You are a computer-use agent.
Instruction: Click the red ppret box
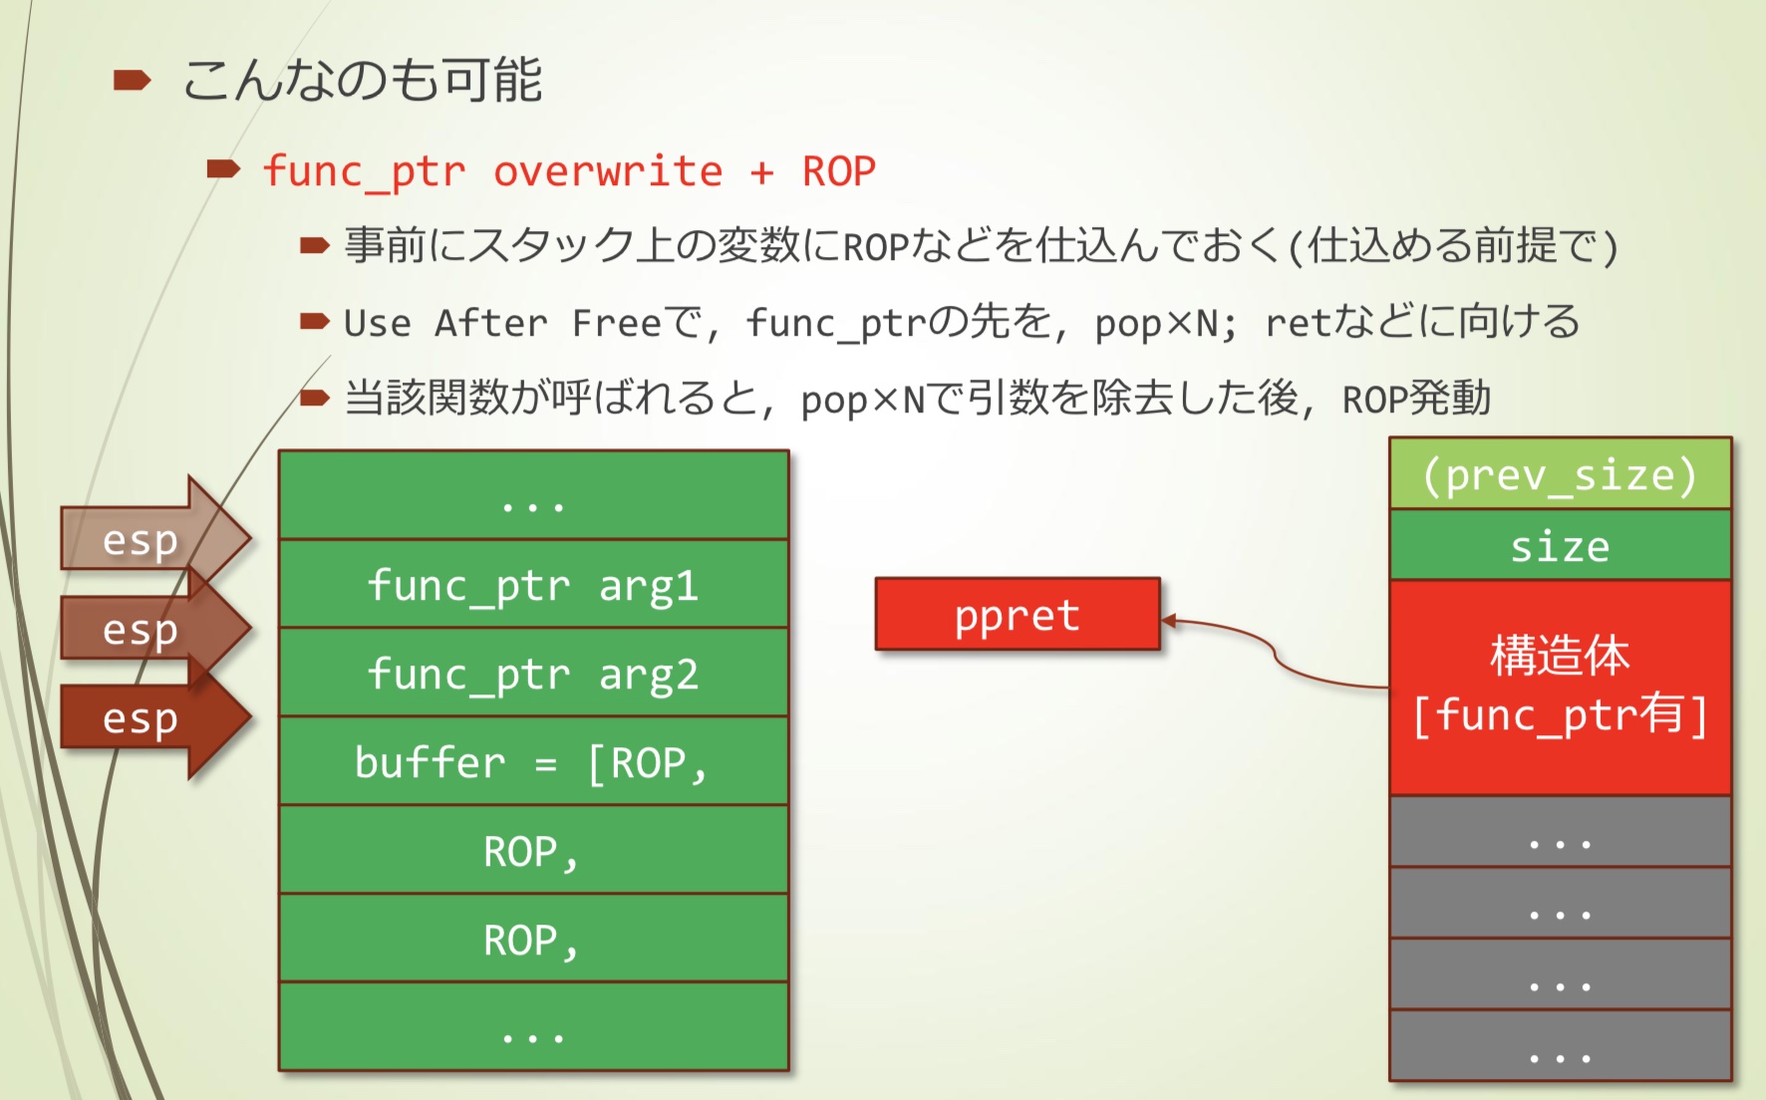(x=1018, y=615)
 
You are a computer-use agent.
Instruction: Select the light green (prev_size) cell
(x=1560, y=474)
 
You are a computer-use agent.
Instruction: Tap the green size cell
(x=1560, y=545)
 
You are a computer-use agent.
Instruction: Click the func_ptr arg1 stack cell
(x=533, y=584)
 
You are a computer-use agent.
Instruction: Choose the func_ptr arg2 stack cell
(x=533, y=673)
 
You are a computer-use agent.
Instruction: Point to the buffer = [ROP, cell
(x=533, y=761)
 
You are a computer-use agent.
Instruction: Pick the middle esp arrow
(x=149, y=629)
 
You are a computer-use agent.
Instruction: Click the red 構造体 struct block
(x=1560, y=686)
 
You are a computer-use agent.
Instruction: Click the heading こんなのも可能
(x=363, y=80)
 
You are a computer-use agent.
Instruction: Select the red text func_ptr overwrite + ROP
(x=569, y=171)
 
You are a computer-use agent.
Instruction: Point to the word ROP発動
(x=1416, y=399)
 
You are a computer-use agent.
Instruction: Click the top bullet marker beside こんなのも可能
(x=132, y=81)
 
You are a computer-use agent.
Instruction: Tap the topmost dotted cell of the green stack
(x=533, y=495)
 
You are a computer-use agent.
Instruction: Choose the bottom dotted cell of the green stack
(x=533, y=1027)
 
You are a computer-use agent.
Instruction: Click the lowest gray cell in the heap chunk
(x=1560, y=1046)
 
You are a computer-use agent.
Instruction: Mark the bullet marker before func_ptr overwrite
(x=223, y=169)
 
